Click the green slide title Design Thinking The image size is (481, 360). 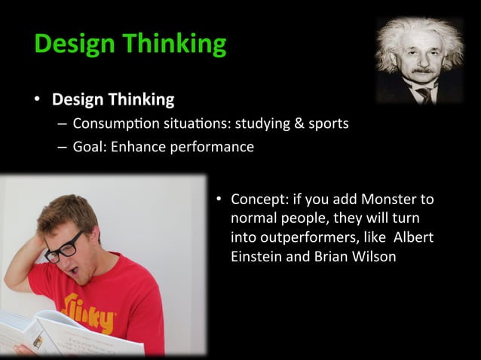click(130, 44)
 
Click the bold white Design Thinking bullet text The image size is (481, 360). click(112, 99)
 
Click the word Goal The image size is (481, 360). click(90, 146)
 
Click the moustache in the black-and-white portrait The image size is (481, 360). click(423, 72)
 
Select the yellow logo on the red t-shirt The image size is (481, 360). click(90, 313)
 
